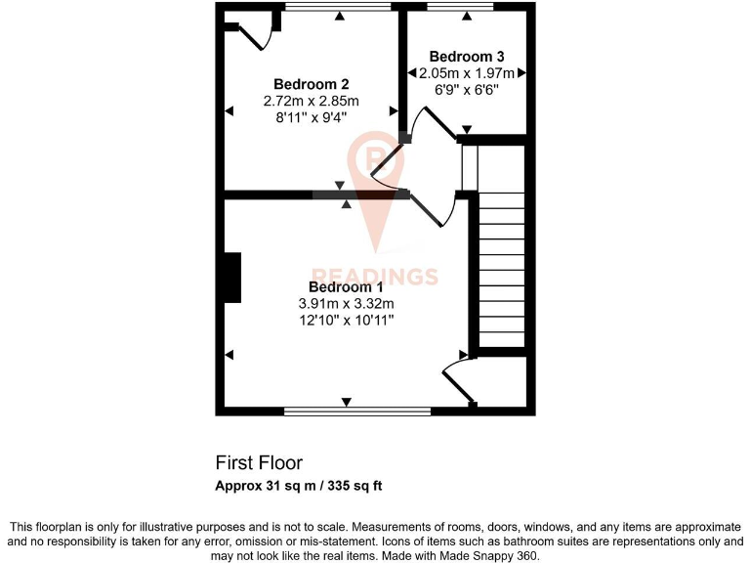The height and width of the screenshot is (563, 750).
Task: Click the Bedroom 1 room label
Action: point(346,286)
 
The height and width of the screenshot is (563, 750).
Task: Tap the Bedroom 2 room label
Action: point(312,84)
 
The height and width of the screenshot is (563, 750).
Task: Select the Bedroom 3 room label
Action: point(467,56)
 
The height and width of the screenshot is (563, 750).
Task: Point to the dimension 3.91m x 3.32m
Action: point(346,303)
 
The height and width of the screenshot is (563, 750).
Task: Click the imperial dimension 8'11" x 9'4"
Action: point(312,116)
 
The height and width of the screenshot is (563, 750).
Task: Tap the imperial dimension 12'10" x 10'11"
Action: point(346,320)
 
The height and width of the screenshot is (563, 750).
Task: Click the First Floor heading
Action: point(259,462)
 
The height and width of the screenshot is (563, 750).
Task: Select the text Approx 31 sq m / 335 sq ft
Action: point(305,486)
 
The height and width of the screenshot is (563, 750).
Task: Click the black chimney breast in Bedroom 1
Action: point(231,278)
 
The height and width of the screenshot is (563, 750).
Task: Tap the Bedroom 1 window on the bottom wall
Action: point(357,411)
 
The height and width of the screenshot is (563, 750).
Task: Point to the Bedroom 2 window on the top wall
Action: point(338,8)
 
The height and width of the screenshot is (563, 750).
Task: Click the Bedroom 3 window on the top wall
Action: point(461,8)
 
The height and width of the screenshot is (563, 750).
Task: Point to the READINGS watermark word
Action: point(375,277)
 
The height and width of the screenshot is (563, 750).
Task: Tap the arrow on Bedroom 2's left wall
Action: point(229,111)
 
